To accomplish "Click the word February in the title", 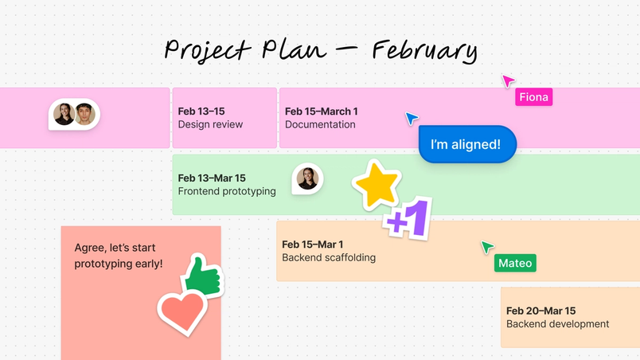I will click(x=424, y=50).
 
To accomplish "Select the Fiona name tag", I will click(x=533, y=97).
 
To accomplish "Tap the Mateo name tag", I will click(x=514, y=263).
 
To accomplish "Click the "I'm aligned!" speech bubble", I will click(x=467, y=145).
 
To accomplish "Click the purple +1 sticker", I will click(x=408, y=218).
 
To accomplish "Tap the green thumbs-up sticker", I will click(x=202, y=276).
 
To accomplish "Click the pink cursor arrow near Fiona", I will click(x=507, y=80).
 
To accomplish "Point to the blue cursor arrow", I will click(x=411, y=118).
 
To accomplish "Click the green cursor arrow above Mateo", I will click(x=486, y=247).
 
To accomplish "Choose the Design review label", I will click(x=210, y=124).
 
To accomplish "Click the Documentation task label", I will click(x=320, y=124).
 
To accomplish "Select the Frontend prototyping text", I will click(x=227, y=191).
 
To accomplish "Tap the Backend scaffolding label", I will click(x=329, y=257).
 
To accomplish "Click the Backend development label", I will click(x=557, y=324).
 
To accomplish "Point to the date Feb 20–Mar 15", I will click(x=540, y=311).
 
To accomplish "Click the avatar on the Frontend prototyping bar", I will click(x=307, y=178).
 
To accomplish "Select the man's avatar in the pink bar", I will click(x=84, y=115).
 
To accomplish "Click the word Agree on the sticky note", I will click(x=88, y=248).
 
